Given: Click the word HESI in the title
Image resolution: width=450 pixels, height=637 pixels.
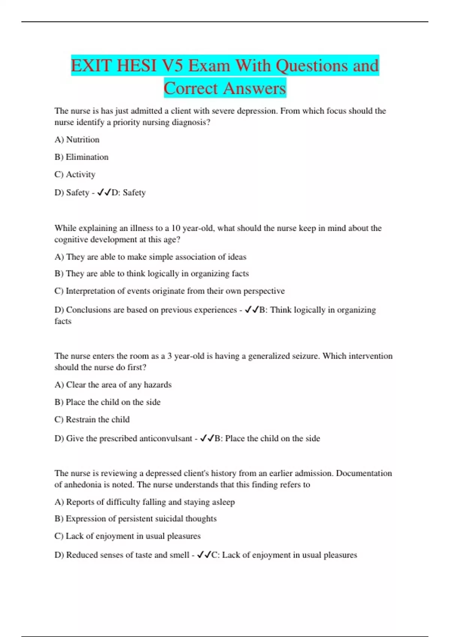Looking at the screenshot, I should click(136, 66).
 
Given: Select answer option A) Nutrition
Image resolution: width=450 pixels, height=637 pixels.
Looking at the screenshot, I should click(77, 140).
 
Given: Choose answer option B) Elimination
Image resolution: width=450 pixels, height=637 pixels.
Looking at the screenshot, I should click(81, 157).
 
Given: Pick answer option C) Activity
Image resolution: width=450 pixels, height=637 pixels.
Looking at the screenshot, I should click(75, 175).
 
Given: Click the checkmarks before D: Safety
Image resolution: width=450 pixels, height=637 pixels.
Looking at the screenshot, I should click(104, 193).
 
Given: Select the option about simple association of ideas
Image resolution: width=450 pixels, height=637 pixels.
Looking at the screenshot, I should click(150, 257).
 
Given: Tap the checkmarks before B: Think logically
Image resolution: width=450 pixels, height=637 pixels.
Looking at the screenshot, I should click(252, 310).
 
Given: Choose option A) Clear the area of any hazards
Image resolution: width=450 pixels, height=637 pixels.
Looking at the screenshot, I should click(113, 385).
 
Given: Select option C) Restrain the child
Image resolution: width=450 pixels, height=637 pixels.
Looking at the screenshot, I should click(92, 420).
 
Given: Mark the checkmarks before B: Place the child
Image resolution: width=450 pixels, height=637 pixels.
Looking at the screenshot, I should click(207, 438).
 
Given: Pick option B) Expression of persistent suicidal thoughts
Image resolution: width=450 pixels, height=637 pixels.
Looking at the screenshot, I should click(135, 519).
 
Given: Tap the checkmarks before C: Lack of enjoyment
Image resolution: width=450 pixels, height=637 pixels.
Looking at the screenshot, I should click(204, 555).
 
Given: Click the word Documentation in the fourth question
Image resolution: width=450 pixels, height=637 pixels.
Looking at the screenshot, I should click(363, 473).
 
